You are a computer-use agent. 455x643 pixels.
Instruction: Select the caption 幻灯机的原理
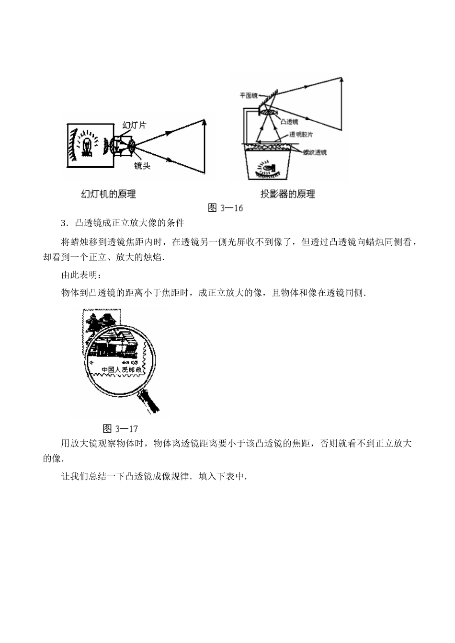108,194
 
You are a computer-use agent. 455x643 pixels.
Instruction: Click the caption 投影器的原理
287,194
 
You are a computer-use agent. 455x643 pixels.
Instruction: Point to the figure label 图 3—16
226,208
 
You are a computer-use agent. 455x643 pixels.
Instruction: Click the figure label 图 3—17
120,428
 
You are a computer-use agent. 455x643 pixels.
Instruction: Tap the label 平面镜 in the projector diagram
249,95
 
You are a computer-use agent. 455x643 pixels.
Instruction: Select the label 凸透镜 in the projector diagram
289,122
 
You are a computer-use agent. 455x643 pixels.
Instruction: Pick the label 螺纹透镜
314,152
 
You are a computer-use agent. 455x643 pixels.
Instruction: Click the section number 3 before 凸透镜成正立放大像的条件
63,223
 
